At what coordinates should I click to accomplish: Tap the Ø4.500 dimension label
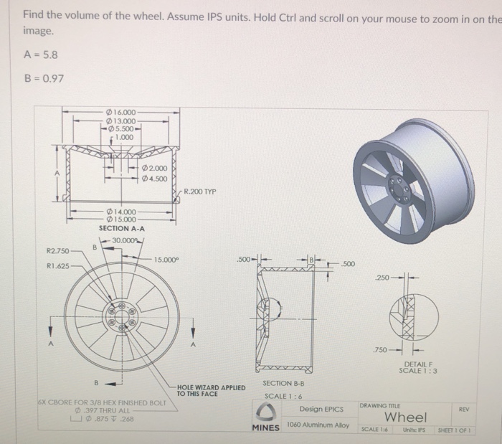tap(155, 179)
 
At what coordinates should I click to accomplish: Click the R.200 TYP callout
tap(199, 192)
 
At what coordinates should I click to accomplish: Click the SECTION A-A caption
tap(123, 228)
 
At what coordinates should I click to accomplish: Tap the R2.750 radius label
tap(57, 252)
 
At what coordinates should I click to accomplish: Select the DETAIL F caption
tap(419, 366)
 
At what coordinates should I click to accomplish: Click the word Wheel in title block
tap(405, 417)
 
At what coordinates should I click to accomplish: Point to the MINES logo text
tap(265, 428)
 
